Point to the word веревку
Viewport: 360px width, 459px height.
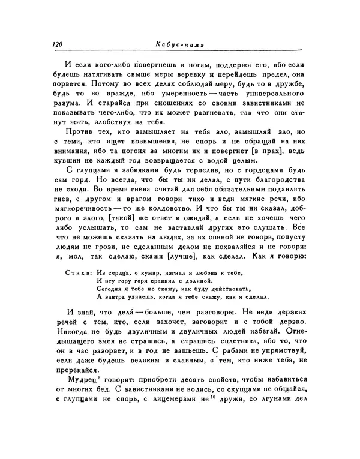[x=194, y=74]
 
